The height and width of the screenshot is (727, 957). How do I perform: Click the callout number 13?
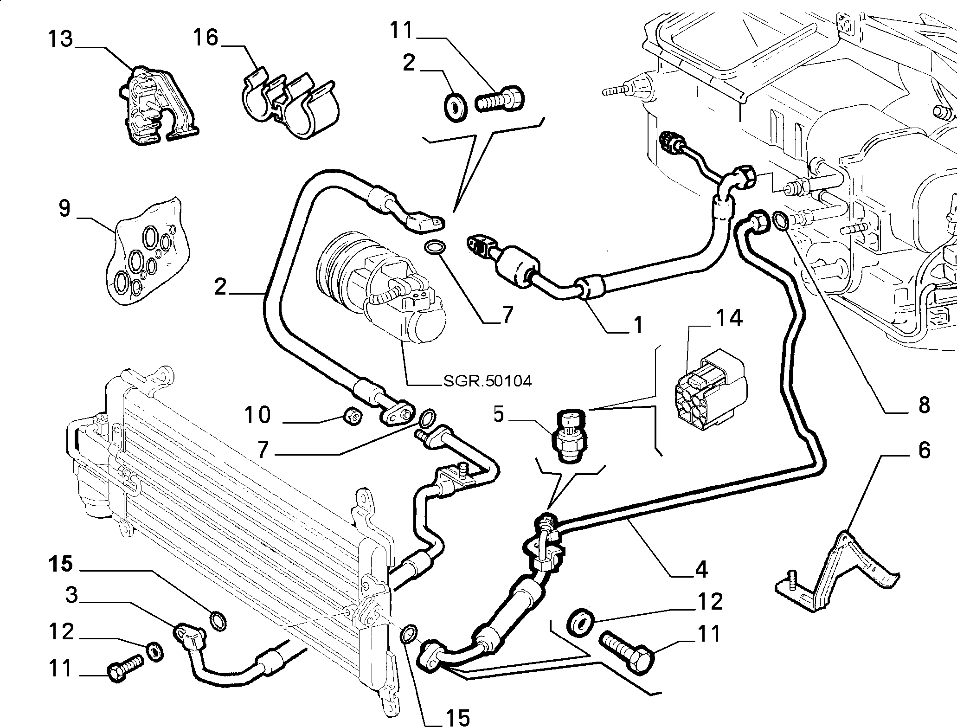(x=60, y=38)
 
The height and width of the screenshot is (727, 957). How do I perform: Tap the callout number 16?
(x=206, y=37)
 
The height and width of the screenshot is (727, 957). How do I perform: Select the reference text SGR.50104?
(x=487, y=381)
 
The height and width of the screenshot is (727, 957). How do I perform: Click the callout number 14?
(x=729, y=319)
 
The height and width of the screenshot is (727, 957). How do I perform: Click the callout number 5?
(x=498, y=415)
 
